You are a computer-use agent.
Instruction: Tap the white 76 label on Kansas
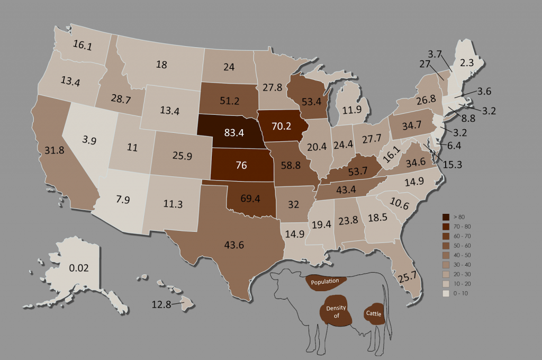pos(241,165)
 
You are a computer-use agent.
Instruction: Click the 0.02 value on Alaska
pos(79,268)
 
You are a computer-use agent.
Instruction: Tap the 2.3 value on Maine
pos(466,62)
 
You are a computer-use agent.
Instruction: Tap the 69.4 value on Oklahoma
pos(251,200)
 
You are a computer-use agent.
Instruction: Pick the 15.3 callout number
pos(453,165)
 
